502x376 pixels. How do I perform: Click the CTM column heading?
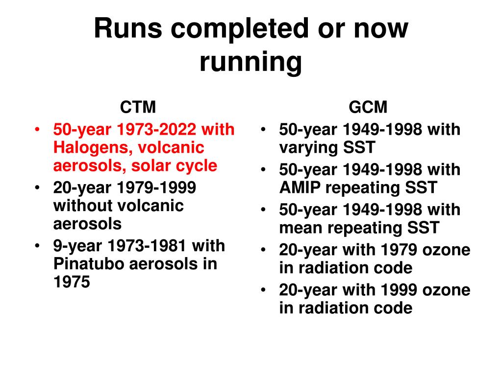coord(138,107)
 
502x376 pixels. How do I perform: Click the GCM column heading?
coord(368,107)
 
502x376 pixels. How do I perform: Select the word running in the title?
coord(251,62)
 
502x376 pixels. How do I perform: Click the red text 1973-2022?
coord(156,129)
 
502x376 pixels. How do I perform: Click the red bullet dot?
coord(37,129)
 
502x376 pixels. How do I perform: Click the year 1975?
coord(72,282)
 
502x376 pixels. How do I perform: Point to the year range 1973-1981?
coord(147,246)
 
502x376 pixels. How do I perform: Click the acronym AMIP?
coord(300,188)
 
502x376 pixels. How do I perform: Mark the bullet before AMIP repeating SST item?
coord(263,170)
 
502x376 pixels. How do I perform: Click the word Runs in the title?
coord(128,29)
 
